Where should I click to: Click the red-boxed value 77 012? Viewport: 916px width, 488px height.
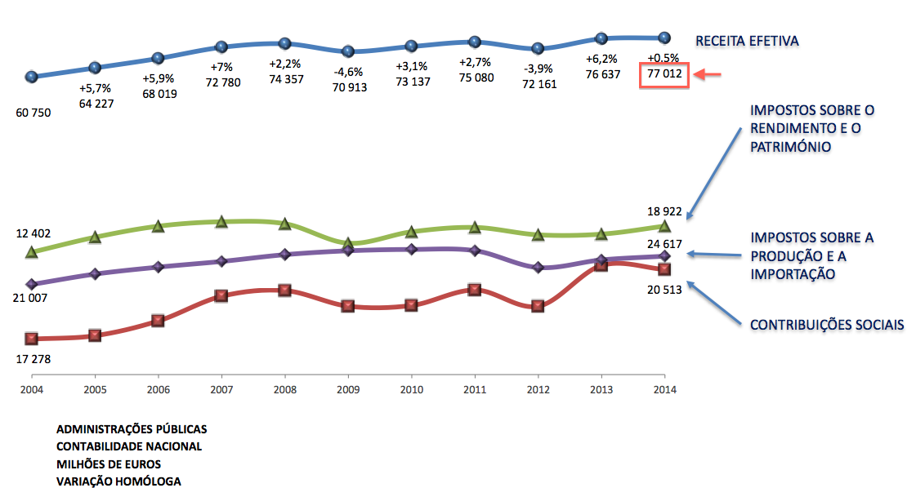click(x=664, y=75)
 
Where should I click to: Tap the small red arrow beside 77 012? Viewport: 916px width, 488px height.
click(x=707, y=75)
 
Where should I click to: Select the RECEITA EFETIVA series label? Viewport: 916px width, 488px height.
click(x=746, y=40)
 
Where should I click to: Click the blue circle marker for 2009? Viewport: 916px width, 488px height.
click(x=348, y=51)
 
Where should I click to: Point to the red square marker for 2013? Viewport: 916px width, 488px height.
click(x=601, y=264)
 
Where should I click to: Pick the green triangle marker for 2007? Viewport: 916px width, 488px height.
click(x=221, y=222)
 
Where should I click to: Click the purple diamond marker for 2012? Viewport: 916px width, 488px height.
click(x=538, y=268)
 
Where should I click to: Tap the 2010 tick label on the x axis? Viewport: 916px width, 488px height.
click(x=411, y=389)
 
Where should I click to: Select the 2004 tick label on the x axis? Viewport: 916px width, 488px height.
click(x=32, y=389)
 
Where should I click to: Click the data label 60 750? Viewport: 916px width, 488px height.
click(x=33, y=113)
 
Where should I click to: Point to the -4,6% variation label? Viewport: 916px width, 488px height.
click(x=349, y=72)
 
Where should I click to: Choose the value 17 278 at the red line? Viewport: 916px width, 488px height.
click(x=33, y=357)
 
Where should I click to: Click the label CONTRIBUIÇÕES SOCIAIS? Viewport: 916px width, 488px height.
click(x=827, y=325)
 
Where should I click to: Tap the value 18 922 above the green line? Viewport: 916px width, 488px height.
click(x=664, y=211)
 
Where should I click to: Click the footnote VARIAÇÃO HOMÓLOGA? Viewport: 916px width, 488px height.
click(x=118, y=481)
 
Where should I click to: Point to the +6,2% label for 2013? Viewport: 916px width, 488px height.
click(x=601, y=60)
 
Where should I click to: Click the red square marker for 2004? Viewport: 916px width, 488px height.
click(x=32, y=338)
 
